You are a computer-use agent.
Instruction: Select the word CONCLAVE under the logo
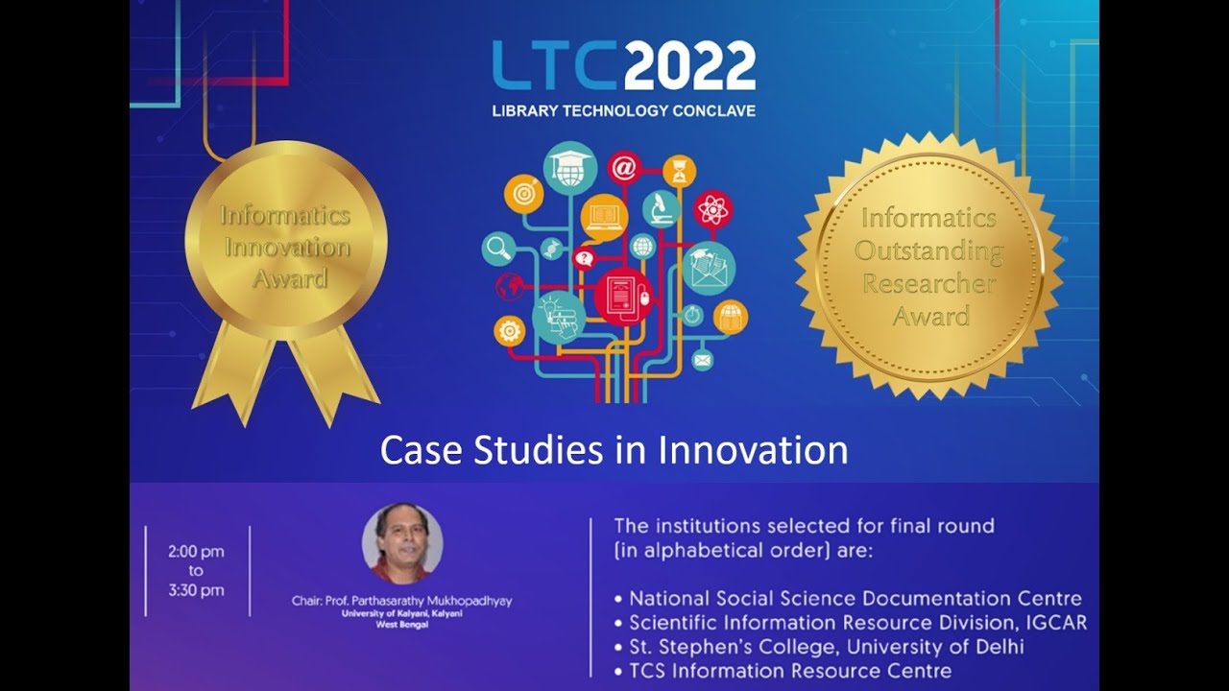point(710,110)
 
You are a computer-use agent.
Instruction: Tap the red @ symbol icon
point(623,168)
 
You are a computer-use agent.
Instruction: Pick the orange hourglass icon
point(680,170)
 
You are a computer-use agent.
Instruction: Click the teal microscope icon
point(661,208)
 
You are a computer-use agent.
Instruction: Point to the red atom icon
point(713,208)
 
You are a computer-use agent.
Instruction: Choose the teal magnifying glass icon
point(499,250)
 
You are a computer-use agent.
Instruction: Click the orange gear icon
point(509,331)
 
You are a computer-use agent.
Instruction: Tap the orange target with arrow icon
point(523,192)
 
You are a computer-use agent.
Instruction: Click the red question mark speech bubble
point(583,257)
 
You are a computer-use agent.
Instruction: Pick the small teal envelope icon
point(703,360)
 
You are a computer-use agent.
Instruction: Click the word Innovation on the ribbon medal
point(286,248)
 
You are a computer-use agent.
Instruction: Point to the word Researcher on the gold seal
point(928,283)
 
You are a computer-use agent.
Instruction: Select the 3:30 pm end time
point(195,590)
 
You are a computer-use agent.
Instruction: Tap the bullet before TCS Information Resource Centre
point(618,672)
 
